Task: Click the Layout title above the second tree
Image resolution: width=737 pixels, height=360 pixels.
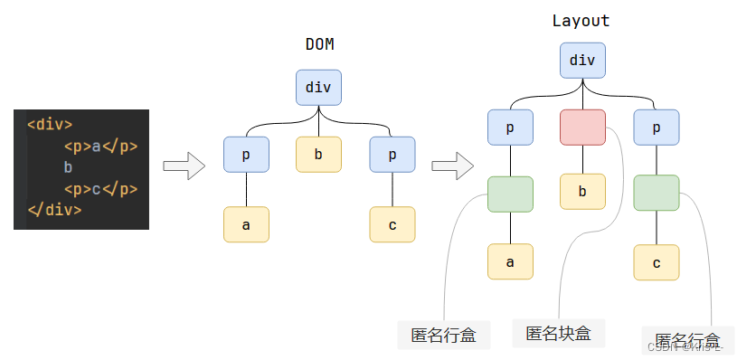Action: click(x=581, y=21)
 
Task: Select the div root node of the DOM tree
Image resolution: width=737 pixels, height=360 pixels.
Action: click(x=318, y=88)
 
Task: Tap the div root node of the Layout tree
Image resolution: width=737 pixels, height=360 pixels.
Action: click(x=582, y=61)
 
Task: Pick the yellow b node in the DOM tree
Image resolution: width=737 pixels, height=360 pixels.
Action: click(x=318, y=155)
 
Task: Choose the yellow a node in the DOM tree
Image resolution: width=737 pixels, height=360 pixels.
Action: click(x=246, y=224)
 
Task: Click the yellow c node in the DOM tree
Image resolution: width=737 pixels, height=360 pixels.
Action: click(x=392, y=224)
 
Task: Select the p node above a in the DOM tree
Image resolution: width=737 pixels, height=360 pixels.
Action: click(x=246, y=155)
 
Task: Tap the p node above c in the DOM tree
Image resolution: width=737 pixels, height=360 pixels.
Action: click(x=392, y=155)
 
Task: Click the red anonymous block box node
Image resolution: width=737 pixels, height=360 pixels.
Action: click(x=582, y=128)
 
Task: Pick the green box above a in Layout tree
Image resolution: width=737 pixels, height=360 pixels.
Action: click(x=510, y=194)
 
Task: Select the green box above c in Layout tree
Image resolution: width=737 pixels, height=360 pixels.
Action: click(x=657, y=194)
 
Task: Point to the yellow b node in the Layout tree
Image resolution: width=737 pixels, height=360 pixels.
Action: click(x=582, y=192)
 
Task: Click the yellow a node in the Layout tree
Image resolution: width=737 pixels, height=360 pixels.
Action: click(x=510, y=261)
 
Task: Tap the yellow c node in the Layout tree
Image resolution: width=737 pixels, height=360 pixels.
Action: click(x=657, y=261)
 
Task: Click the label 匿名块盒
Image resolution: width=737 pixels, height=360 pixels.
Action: click(x=558, y=333)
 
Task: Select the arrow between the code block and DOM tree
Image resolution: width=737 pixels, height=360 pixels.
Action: click(x=184, y=166)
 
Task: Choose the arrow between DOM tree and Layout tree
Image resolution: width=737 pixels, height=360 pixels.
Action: click(x=452, y=166)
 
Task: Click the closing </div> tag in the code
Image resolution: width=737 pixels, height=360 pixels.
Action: click(x=54, y=210)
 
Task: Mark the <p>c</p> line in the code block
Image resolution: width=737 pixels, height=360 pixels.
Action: click(x=99, y=189)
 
